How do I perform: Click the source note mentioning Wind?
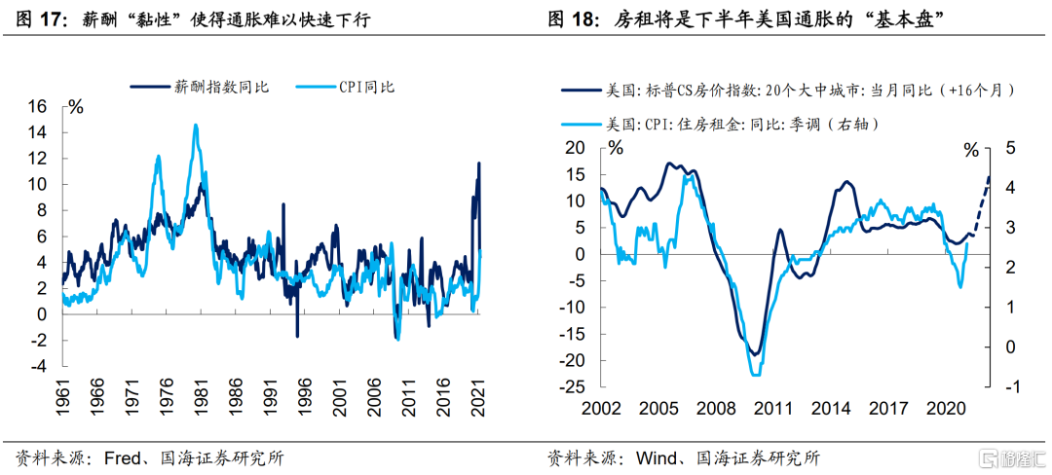[x=683, y=457]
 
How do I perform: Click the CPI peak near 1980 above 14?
[x=196, y=126]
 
